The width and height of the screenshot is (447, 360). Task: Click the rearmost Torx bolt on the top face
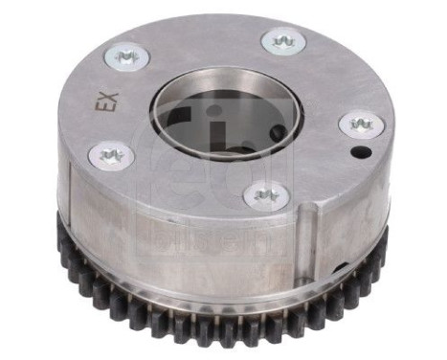point(282,39)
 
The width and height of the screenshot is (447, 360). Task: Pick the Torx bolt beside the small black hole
point(361,124)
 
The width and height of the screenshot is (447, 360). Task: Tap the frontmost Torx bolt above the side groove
point(265,195)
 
